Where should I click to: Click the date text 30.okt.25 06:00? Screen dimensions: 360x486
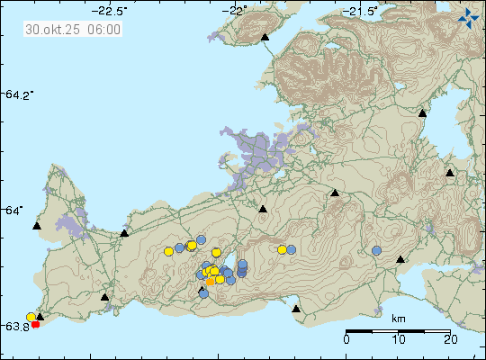[74, 29]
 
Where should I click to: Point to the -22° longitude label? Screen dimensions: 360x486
[238, 11]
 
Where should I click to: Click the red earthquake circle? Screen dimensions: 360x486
[36, 324]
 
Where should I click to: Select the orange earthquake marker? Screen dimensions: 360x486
[211, 282]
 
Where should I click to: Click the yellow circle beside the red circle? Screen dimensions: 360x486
[31, 317]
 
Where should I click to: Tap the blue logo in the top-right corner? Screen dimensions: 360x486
[468, 16]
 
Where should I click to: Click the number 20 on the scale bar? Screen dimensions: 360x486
[450, 339]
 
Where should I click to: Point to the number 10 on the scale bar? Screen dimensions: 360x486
[398, 339]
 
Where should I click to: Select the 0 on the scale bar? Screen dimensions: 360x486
[346, 339]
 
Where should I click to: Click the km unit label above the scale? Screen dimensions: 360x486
[398, 319]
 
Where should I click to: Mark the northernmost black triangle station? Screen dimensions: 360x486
[265, 38]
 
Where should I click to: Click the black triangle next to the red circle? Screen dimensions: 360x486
[40, 317]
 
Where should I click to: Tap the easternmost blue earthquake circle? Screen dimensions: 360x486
[377, 251]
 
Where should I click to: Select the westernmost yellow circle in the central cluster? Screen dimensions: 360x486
[168, 253]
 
